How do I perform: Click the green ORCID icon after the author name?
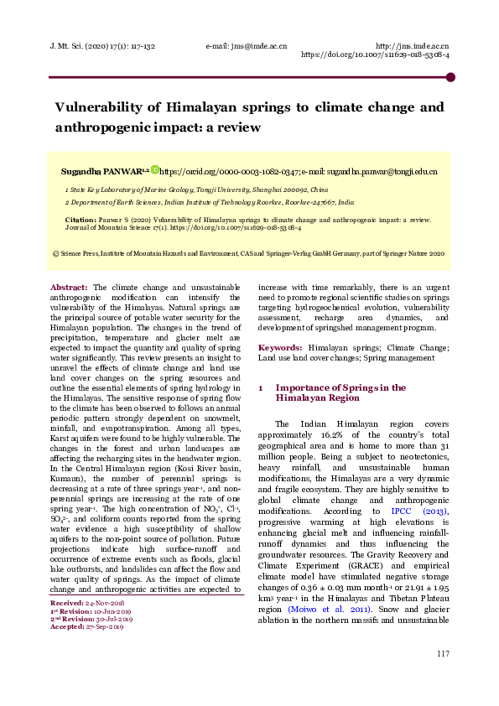(x=154, y=170)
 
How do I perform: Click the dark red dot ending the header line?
(x=450, y=77)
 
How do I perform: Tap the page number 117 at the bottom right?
(x=444, y=677)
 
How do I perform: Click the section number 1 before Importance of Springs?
(x=261, y=388)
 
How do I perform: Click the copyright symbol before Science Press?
(x=55, y=252)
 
